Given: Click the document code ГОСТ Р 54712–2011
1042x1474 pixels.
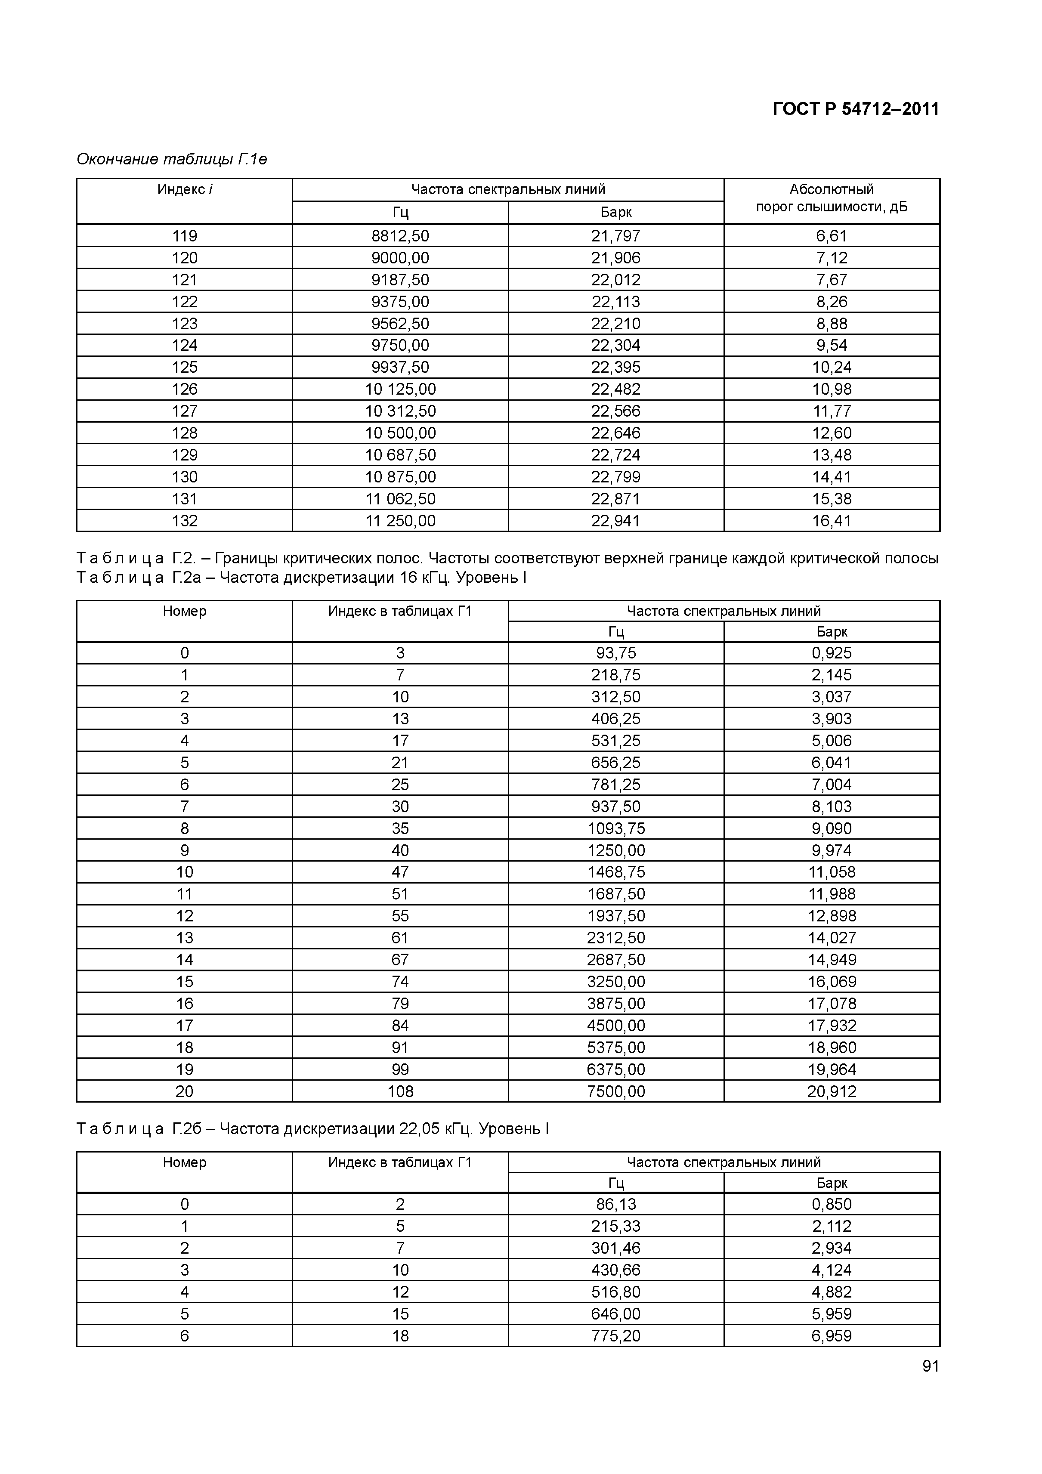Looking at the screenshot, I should [855, 109].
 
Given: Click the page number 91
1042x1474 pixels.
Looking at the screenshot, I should [930, 1384].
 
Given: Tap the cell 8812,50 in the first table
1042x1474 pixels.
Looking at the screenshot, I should [400, 235].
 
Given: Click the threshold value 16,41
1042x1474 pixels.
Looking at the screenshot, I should [832, 521].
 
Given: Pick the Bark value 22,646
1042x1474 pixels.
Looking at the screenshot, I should [616, 433].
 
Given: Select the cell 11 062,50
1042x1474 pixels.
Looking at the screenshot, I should [400, 499].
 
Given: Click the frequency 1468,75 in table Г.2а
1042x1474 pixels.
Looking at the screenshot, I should [616, 872].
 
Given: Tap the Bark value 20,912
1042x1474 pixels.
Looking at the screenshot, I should [832, 1091].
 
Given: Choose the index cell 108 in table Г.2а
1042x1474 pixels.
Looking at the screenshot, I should [400, 1091].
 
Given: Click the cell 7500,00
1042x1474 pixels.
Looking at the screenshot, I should [616, 1091].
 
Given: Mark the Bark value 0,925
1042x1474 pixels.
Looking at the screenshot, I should [832, 653].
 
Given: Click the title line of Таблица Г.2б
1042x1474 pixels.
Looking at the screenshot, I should [312, 1128].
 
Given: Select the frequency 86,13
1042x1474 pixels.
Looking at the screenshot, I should [616, 1204].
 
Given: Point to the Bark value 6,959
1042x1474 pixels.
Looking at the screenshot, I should [832, 1336].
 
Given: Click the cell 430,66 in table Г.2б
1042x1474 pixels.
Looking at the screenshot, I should [616, 1270].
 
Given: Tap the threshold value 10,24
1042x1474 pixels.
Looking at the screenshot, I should [832, 367].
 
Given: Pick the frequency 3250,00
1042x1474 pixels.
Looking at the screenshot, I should [616, 982].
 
